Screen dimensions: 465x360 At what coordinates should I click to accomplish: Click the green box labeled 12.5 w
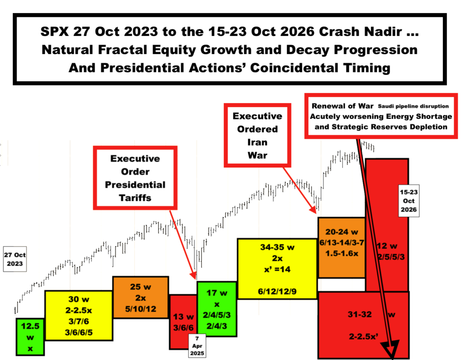pos(30,337)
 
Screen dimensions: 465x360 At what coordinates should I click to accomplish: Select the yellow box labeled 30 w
pos(79,316)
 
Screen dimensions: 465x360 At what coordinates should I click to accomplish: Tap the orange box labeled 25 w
pos(141,297)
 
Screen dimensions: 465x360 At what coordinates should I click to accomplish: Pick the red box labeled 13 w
pos(183,322)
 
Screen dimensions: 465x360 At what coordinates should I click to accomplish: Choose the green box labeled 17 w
pos(217,309)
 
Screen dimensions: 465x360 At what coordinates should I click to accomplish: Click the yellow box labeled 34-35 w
pos(277,269)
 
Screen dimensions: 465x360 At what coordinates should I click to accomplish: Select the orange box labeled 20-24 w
pos(341,247)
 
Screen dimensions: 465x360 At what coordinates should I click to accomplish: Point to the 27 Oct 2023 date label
pos(15,259)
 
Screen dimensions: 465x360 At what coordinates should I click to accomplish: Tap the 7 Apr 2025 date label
pos(197,346)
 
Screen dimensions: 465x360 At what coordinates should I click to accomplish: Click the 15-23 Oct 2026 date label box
pos(409,201)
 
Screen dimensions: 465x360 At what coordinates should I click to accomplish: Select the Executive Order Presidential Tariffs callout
pos(135,178)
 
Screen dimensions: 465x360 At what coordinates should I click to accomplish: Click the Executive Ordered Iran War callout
pos(257,135)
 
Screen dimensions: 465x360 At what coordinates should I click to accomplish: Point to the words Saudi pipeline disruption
pos(413,106)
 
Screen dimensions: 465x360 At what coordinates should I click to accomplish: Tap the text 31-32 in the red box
pos(360,314)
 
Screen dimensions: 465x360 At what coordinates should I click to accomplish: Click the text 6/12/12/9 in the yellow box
pos(277,291)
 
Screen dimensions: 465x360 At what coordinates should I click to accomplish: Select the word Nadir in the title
pos(385,31)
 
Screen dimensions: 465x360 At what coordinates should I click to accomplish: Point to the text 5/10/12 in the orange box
pos(141,309)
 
